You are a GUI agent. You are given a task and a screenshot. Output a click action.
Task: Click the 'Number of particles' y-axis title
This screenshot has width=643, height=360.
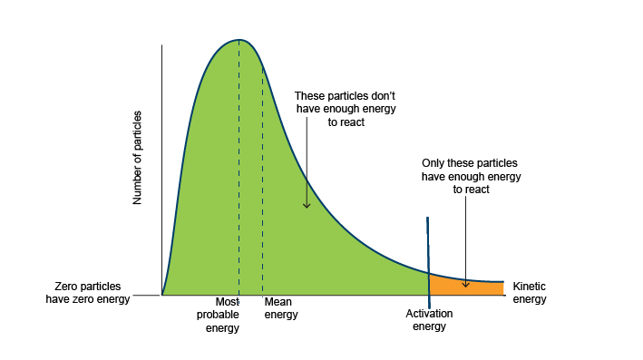pos(138,160)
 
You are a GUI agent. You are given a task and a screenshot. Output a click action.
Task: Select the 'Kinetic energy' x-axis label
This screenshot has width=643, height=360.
pos(530,292)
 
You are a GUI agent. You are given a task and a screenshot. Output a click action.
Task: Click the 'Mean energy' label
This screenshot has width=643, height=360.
pos(280,308)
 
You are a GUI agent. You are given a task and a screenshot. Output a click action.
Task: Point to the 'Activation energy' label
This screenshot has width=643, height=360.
pos(429,320)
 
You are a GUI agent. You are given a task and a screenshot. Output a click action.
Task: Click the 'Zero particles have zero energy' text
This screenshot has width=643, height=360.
pos(87,292)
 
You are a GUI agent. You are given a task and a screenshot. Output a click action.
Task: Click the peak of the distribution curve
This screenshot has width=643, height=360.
pos(239,40)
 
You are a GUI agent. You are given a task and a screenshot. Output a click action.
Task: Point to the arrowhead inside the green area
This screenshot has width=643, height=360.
pos(307,205)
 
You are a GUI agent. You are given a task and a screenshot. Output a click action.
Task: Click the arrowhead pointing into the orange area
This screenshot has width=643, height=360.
pos(465,284)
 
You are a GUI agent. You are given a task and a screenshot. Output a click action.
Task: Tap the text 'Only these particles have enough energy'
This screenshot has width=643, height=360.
pos(471,177)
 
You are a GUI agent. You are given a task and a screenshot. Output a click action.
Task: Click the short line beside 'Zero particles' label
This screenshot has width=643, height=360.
pos(146,295)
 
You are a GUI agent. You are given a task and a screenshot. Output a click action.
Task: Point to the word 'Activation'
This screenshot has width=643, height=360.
pos(429,314)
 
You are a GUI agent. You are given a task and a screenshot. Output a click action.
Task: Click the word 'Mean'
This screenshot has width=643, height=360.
pos(276,303)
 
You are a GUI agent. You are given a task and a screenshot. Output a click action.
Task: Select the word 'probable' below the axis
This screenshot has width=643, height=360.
pos(218,315)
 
